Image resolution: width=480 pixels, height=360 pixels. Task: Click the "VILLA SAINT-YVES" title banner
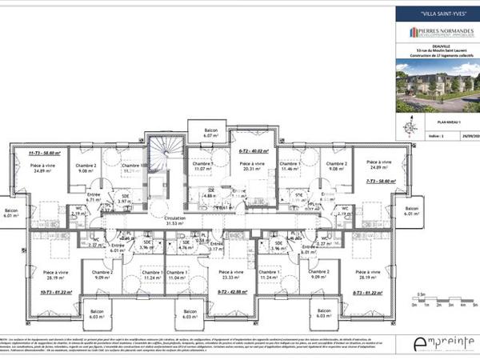point(435,14)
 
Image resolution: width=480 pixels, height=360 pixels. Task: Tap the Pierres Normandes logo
point(435,32)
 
